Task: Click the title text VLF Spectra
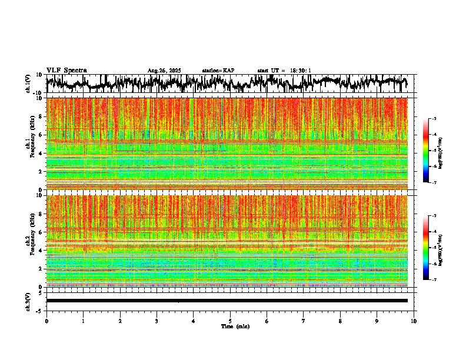pyautogui.click(x=66, y=71)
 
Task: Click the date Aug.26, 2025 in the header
pyautogui.click(x=164, y=71)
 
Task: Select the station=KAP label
pyautogui.click(x=218, y=71)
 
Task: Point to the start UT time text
pyautogui.click(x=284, y=71)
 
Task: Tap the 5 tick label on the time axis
pyautogui.click(x=230, y=321)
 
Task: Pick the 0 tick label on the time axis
pyautogui.click(x=46, y=321)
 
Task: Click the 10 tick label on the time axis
pyautogui.click(x=414, y=321)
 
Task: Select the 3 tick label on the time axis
pyautogui.click(x=157, y=321)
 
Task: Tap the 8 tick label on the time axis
pyautogui.click(x=340, y=321)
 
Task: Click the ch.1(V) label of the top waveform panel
pyautogui.click(x=28, y=84)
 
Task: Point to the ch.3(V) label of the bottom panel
pyautogui.click(x=28, y=301)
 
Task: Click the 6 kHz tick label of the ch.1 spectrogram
pyautogui.click(x=40, y=135)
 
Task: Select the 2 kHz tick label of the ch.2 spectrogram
pyautogui.click(x=40, y=269)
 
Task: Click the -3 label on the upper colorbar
pyautogui.click(x=434, y=119)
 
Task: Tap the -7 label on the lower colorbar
pyautogui.click(x=434, y=279)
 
